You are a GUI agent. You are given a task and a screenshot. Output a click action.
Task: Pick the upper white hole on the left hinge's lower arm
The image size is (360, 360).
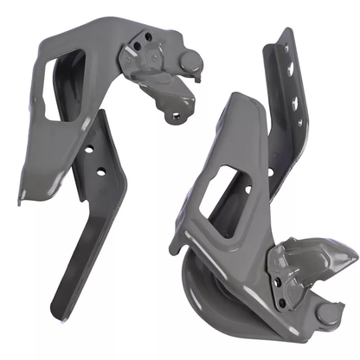(90, 148)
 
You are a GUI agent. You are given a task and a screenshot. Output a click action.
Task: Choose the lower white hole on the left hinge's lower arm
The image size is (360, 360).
(102, 172)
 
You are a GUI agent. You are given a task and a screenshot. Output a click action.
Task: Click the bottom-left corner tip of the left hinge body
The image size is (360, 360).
(22, 200)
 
